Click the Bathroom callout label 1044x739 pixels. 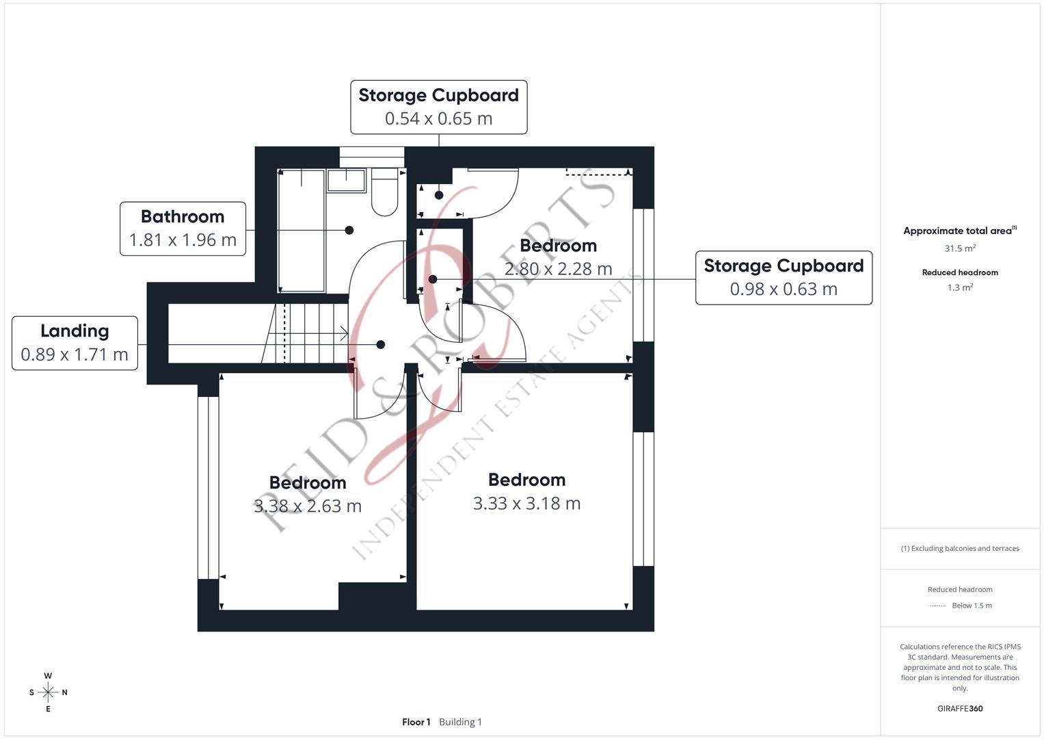click(x=183, y=229)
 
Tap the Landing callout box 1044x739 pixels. click(x=75, y=343)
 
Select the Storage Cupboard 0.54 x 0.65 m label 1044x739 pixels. click(x=438, y=107)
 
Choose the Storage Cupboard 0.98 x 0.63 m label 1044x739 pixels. click(x=784, y=277)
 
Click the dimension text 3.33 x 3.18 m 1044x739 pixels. click(x=526, y=504)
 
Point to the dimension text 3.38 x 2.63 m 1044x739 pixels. click(x=308, y=506)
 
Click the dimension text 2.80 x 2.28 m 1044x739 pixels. click(x=558, y=269)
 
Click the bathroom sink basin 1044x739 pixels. click(x=346, y=181)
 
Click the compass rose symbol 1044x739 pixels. click(x=48, y=692)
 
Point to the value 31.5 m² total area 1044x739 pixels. click(x=959, y=248)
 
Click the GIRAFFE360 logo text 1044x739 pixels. click(x=959, y=708)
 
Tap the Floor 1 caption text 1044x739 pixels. click(x=416, y=722)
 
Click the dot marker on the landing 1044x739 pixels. click(x=381, y=345)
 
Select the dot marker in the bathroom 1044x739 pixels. click(x=349, y=230)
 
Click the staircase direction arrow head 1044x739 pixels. click(x=345, y=334)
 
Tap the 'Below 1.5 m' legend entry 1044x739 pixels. click(x=971, y=606)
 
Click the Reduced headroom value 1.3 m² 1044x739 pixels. click(x=959, y=287)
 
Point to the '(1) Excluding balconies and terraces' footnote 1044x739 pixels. click(x=959, y=548)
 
